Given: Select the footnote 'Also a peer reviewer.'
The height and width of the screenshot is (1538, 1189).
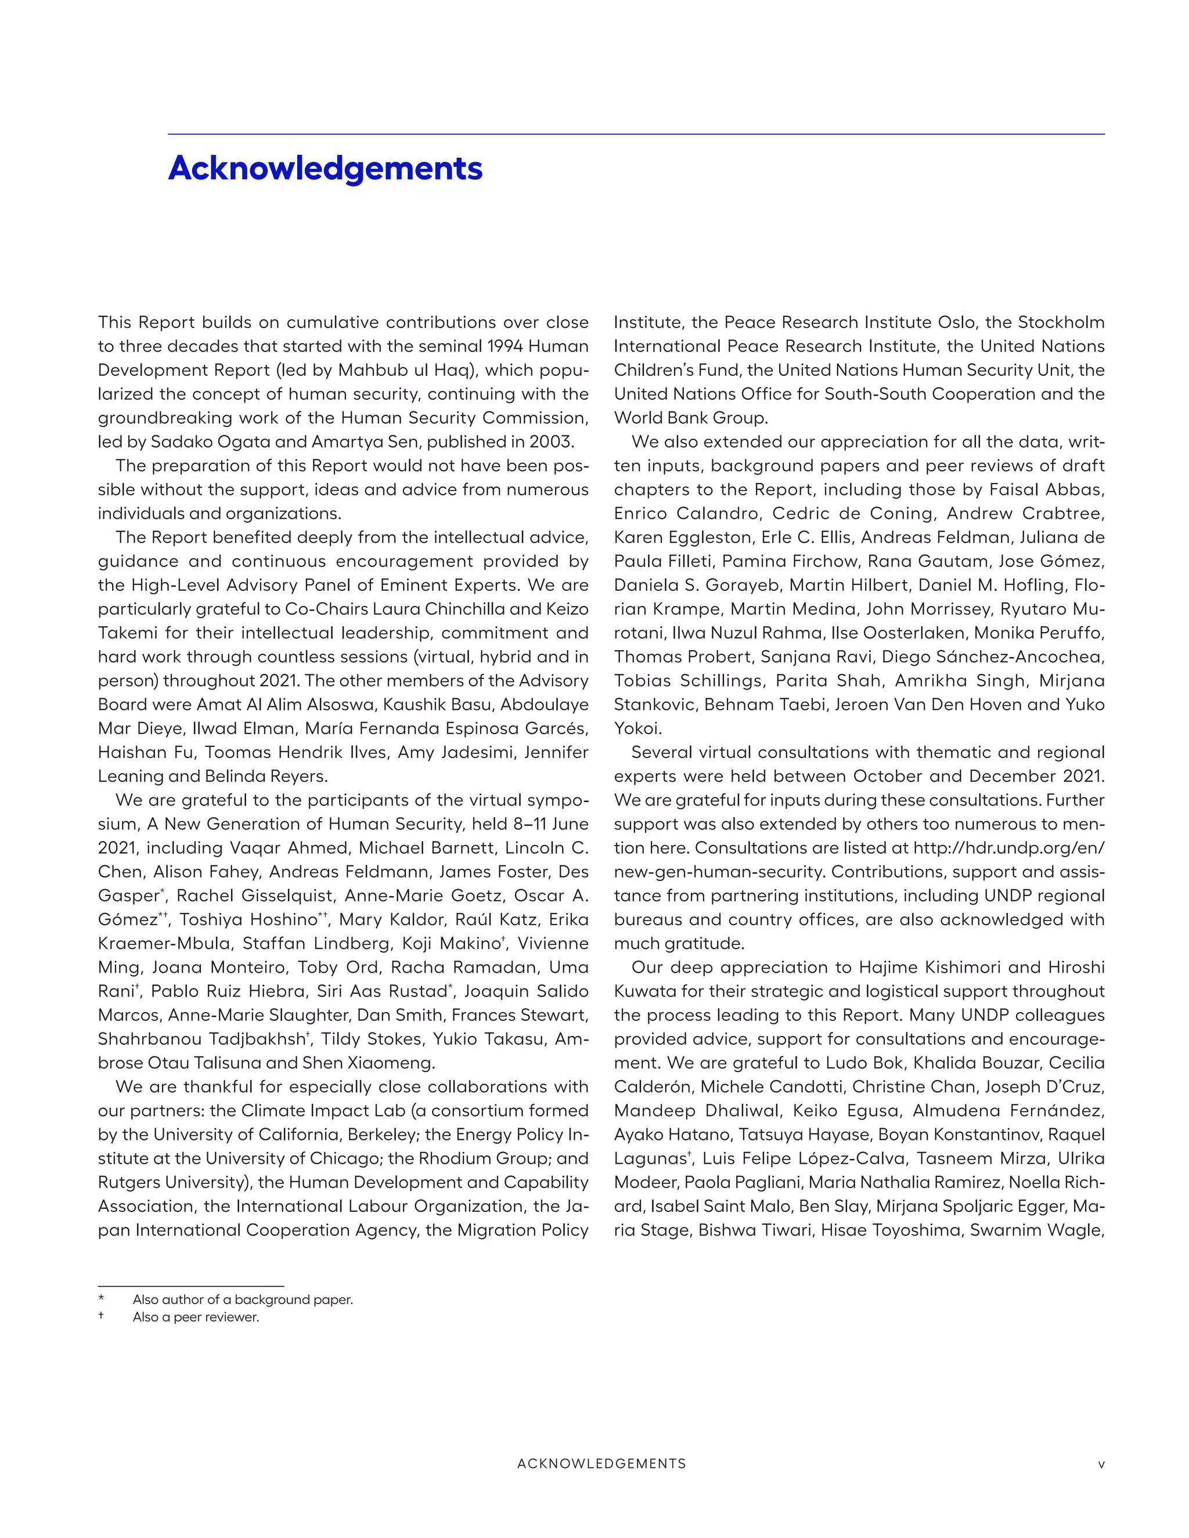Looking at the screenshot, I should (196, 1317).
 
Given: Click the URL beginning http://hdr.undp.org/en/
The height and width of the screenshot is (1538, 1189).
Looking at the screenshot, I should (1008, 847).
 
